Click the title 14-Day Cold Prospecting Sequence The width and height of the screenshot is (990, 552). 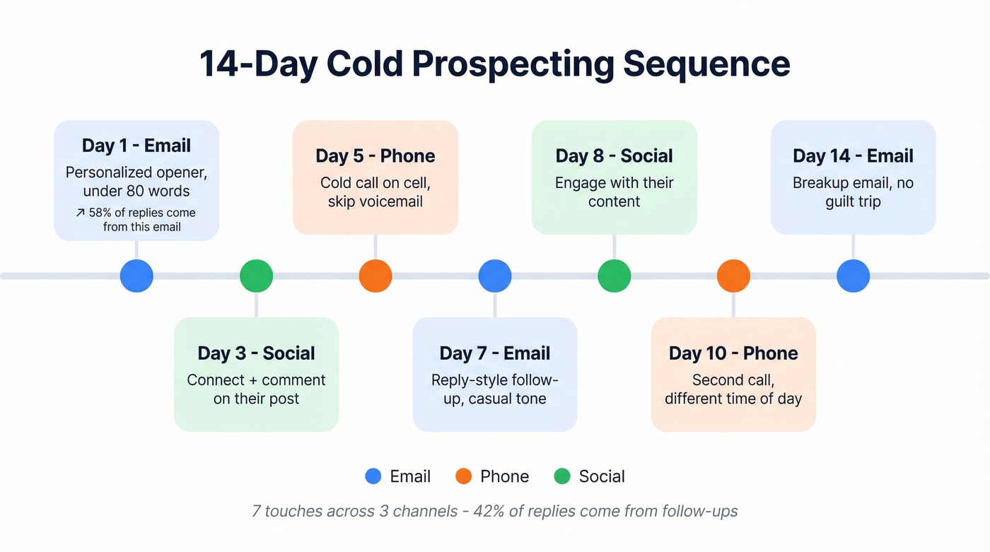494,64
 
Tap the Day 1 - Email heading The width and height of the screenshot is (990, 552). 136,146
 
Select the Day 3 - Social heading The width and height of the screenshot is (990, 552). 256,353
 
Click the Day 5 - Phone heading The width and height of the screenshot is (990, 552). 375,156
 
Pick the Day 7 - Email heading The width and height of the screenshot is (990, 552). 494,353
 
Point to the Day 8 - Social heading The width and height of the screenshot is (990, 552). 614,156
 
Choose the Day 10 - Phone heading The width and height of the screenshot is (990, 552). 733,353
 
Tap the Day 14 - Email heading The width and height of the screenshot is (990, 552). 853,156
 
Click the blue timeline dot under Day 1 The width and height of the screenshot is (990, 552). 136,276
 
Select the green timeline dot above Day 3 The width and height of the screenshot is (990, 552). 256,276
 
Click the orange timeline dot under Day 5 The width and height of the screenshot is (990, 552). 375,276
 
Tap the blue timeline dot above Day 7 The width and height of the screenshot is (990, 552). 494,276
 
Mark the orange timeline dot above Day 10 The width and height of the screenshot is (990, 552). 733,276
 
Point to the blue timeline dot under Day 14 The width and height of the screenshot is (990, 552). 853,276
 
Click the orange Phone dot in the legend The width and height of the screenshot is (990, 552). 463,476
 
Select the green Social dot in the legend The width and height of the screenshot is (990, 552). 562,476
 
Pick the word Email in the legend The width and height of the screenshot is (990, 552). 410,476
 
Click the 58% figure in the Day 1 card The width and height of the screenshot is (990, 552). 101,213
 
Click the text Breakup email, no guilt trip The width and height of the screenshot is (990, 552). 853,192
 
